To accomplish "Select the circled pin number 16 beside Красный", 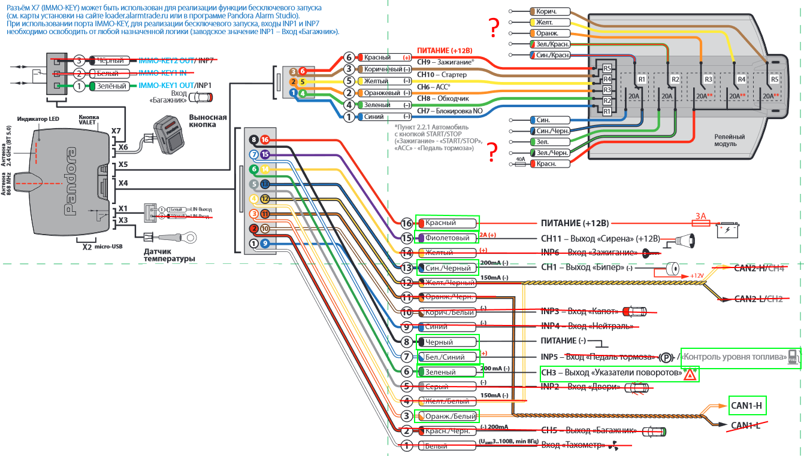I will [407, 223].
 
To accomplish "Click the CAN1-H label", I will [746, 405].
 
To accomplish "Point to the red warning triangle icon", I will [690, 375].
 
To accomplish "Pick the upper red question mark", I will [493, 26].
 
